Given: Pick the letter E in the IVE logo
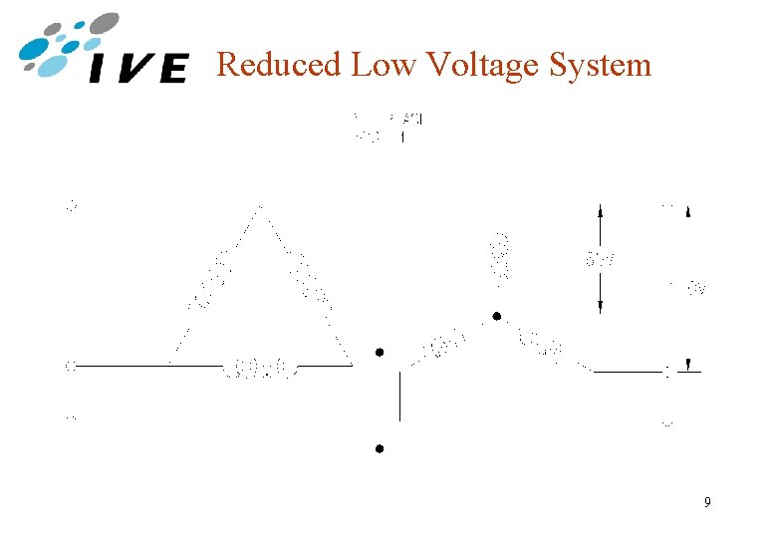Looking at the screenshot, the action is click(170, 69).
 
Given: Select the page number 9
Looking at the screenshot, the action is click(706, 502).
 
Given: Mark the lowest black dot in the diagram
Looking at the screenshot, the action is click(380, 449).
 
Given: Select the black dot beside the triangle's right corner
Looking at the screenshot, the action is click(380, 353).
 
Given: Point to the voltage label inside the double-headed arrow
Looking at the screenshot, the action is click(600, 261).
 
